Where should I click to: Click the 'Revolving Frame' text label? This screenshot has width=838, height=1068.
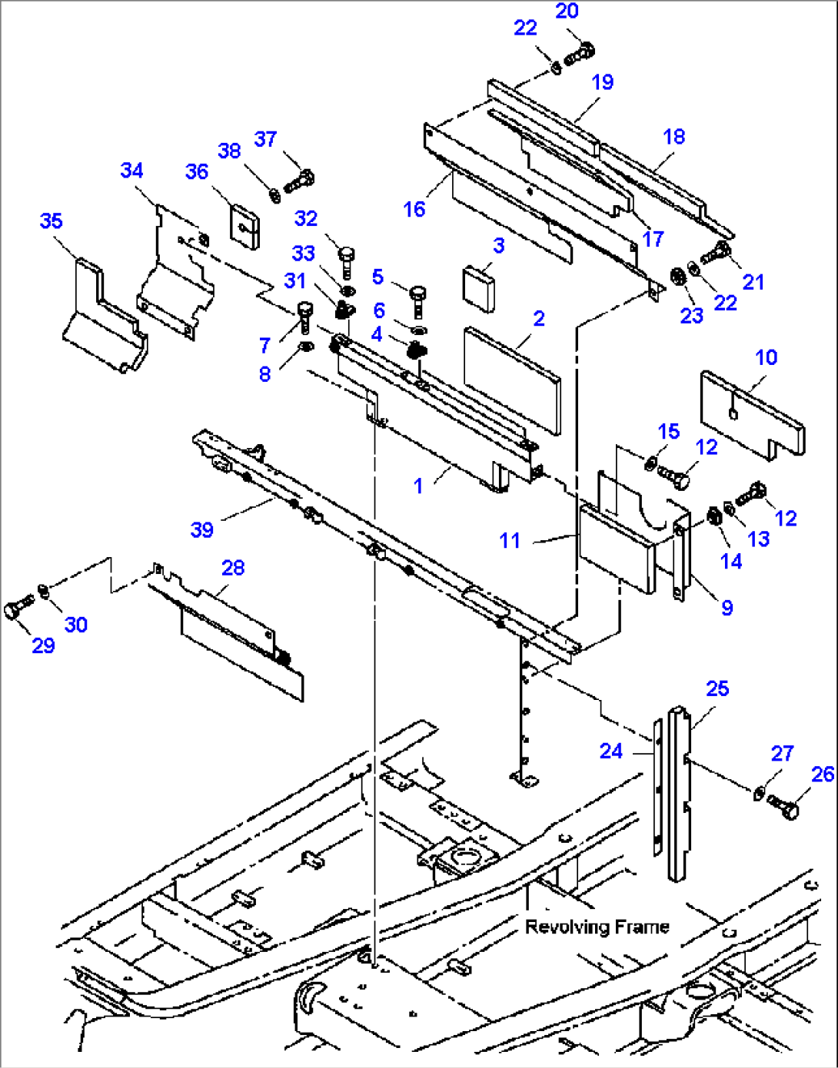[x=597, y=927]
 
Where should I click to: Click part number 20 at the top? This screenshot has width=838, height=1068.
[x=567, y=12]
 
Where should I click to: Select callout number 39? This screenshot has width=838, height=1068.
[x=202, y=529]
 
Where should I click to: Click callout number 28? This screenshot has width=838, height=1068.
[x=233, y=568]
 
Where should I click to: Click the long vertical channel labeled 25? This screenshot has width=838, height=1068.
[x=677, y=791]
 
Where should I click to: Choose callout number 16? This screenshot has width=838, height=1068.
[x=414, y=209]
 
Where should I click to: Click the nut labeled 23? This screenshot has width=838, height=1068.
[x=679, y=275]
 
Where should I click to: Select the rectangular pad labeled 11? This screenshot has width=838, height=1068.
[x=616, y=549]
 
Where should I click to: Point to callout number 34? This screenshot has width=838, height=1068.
[x=131, y=171]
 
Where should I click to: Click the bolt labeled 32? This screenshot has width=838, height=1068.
[x=346, y=259]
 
